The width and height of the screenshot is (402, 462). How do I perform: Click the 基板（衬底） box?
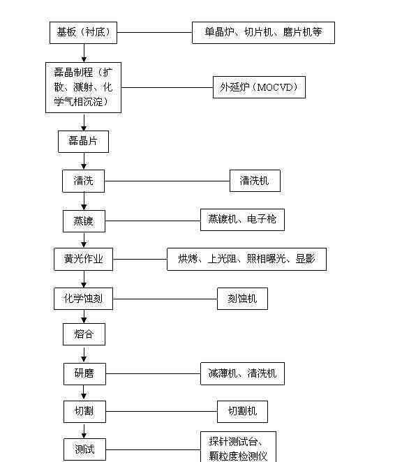coord(84,33)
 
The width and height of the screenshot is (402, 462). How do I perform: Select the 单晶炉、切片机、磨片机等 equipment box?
coord(263,33)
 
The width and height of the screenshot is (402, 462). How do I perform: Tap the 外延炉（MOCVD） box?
coord(259,87)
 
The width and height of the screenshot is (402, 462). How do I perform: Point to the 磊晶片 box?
coord(84,142)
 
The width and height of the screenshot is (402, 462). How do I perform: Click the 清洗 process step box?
coord(84,181)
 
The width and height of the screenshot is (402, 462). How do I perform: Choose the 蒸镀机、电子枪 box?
coord(242,220)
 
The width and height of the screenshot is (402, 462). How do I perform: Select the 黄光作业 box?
coord(84,260)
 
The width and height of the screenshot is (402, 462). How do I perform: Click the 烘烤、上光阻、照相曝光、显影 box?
coord(246,260)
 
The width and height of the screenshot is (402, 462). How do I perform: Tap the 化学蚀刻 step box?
coord(84,299)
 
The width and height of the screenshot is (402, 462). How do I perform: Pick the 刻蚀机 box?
coord(242,299)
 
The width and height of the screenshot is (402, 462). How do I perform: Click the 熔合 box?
coord(84,334)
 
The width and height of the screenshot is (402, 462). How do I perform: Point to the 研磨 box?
coord(84,373)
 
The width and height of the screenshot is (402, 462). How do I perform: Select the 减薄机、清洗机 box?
coord(242,373)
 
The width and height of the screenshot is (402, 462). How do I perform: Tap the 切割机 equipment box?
coord(242,411)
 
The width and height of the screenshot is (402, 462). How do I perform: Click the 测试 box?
coord(84,449)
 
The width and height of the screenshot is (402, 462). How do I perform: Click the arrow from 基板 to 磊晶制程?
coord(84,53)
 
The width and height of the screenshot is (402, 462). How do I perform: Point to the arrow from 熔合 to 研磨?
coord(84,354)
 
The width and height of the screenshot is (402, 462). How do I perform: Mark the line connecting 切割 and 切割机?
coord(161,411)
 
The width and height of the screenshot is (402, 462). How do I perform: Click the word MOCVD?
coord(276,87)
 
